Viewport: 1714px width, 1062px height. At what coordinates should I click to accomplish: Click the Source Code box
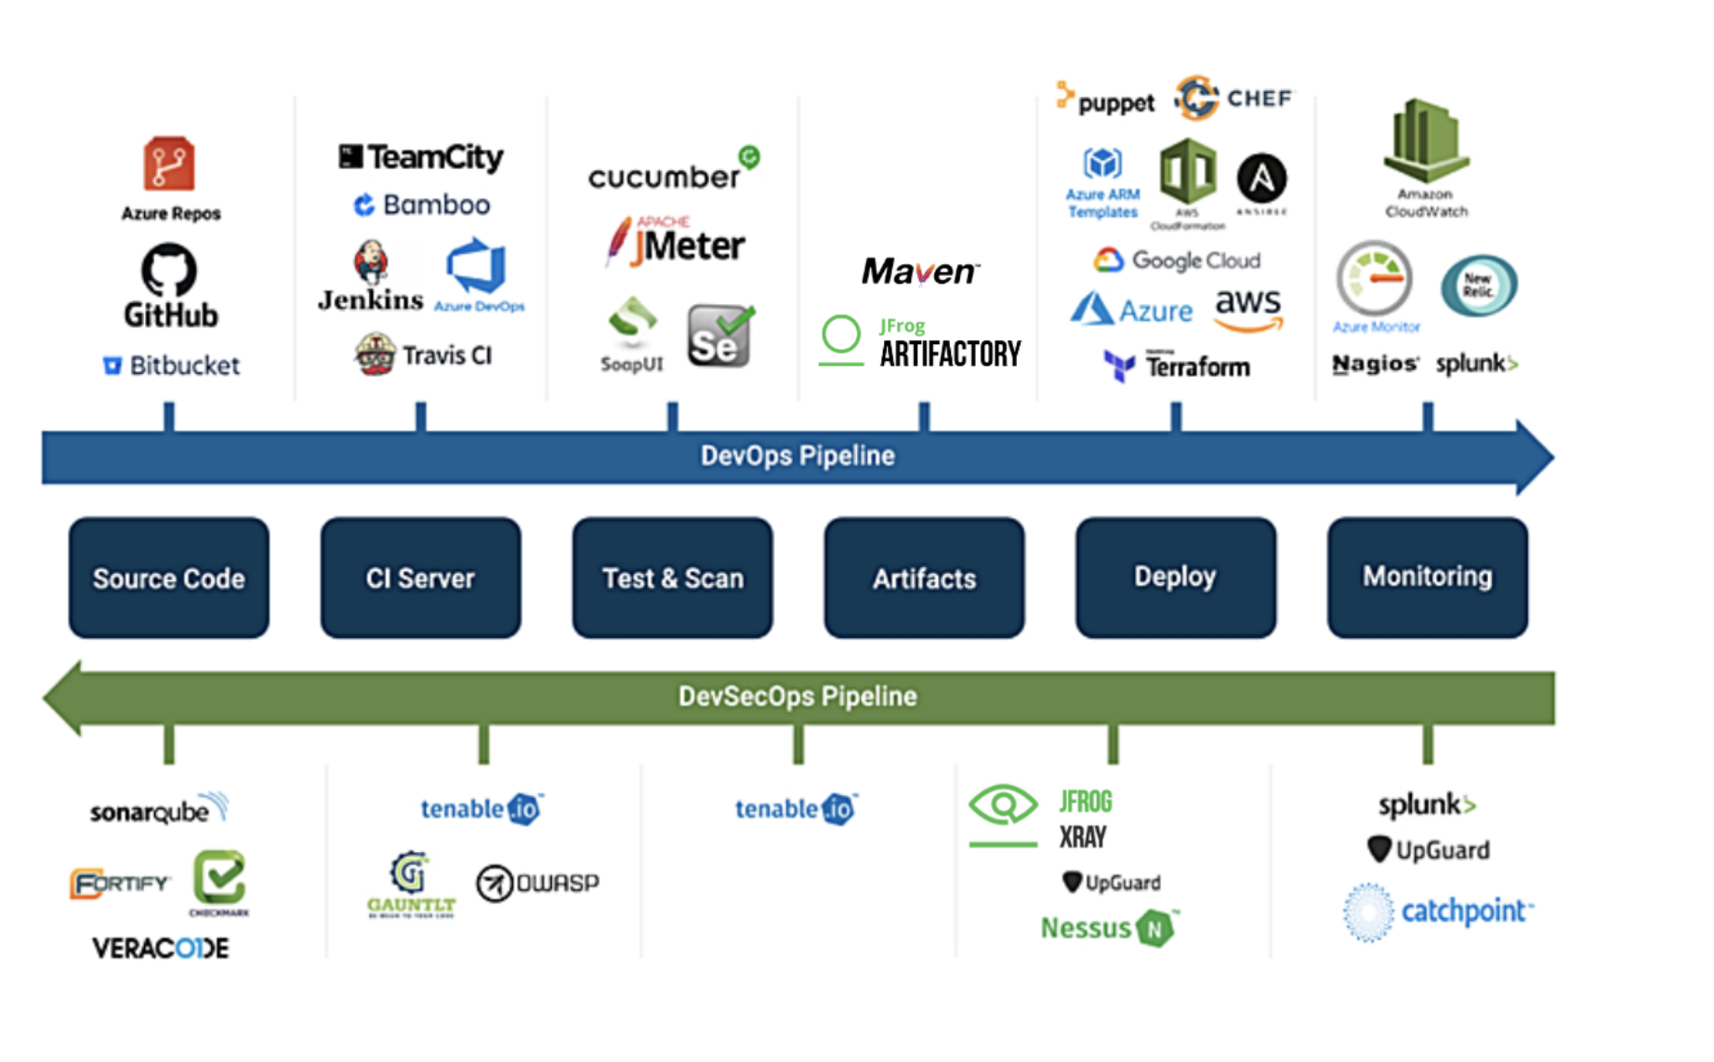tap(168, 577)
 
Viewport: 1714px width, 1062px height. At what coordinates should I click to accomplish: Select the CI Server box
tap(420, 577)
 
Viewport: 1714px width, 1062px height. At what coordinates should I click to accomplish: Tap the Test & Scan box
tap(672, 577)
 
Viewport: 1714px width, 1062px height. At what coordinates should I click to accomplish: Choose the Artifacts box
tap(924, 577)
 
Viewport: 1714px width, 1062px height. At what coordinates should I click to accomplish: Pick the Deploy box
tap(1175, 577)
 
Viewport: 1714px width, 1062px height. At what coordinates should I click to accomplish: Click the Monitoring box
tap(1427, 577)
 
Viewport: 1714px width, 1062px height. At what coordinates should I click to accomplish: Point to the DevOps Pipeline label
tap(797, 456)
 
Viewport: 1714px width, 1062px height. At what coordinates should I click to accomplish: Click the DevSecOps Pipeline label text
tap(797, 696)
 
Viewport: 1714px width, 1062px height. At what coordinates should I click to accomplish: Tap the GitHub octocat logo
tap(169, 270)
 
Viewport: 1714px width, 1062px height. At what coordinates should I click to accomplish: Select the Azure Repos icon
tap(169, 164)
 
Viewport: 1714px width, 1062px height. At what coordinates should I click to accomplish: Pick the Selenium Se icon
tap(719, 337)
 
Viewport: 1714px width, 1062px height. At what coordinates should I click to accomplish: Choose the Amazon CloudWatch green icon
tap(1425, 141)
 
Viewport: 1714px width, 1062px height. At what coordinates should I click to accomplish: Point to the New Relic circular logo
tap(1478, 285)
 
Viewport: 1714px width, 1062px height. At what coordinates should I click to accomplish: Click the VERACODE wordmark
tap(160, 948)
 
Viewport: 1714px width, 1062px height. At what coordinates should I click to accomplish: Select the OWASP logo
tap(537, 883)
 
